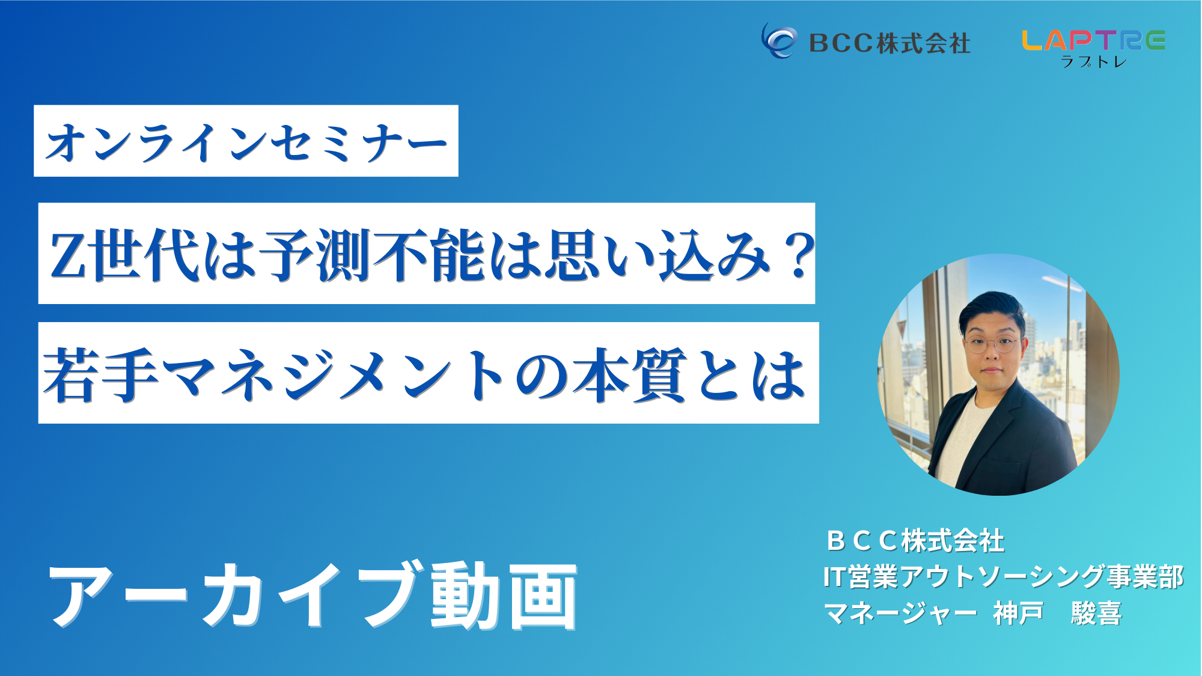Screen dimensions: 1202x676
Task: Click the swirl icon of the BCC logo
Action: pos(779,41)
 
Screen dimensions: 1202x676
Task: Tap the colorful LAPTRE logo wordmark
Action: pos(1093,40)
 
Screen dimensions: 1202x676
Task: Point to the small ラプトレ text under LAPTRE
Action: pos(1093,61)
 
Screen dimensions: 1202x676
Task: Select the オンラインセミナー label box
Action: pos(246,141)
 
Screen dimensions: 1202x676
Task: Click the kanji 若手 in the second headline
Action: pos(101,374)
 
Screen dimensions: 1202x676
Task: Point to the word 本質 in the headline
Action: pos(629,374)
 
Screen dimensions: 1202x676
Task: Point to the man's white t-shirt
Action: pos(962,439)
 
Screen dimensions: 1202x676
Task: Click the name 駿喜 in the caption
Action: pos(1096,614)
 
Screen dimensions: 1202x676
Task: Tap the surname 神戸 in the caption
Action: pos(1018,614)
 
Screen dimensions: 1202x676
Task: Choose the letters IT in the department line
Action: pos(835,577)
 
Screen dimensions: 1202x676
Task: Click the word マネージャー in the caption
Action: pos(900,614)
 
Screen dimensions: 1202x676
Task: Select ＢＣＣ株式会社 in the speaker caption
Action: pos(915,541)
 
